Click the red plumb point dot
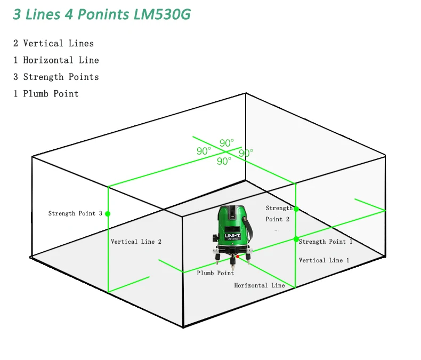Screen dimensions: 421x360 coord(238,257)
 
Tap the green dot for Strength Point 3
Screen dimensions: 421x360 coord(108,214)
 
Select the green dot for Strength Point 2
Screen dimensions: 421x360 coord(296,209)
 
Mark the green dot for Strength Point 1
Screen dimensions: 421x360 coord(296,239)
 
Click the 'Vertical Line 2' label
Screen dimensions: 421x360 coord(136,242)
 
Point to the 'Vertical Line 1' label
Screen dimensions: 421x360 coord(324,260)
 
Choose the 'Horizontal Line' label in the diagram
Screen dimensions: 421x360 coord(260,285)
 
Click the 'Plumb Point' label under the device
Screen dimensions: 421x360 coord(215,273)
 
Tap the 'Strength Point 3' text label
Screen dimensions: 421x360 coord(75,213)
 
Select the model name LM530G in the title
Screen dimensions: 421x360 coord(162,14)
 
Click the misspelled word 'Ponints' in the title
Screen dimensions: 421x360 coord(103,14)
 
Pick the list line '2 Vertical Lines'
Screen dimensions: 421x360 coord(53,43)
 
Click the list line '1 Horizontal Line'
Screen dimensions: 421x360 coord(56,60)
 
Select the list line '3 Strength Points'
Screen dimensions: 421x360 coord(56,77)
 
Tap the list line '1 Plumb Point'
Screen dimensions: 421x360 coord(46,93)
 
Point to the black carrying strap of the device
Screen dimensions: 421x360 coord(249,228)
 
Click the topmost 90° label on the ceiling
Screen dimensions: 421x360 coord(226,142)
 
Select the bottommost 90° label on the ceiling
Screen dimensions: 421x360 coord(224,161)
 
